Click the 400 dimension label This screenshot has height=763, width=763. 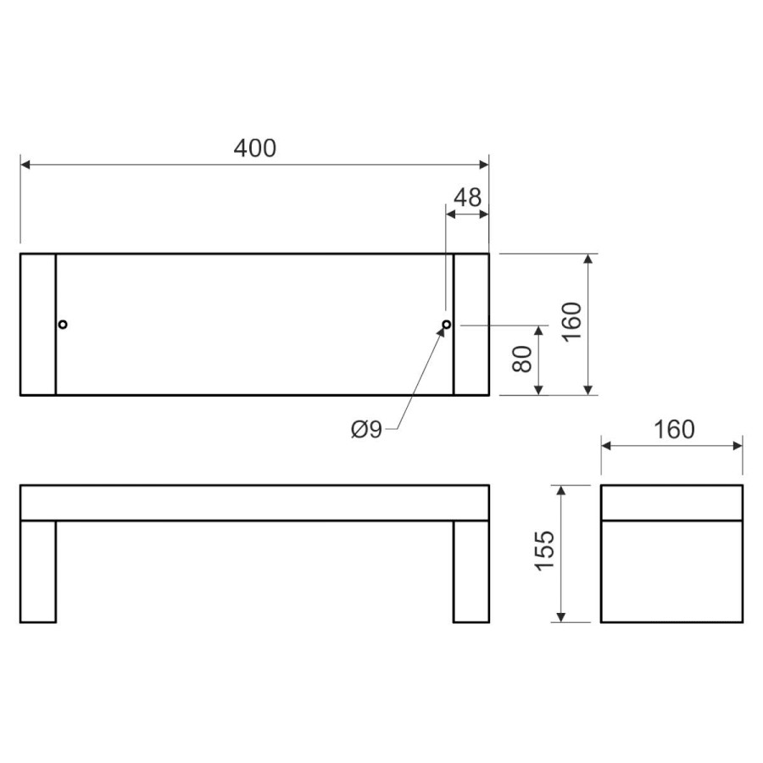pos(255,148)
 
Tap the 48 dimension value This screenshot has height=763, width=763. pos(468,198)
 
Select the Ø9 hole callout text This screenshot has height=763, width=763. pos(366,430)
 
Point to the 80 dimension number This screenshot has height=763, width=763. pos(522,359)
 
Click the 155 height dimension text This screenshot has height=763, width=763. pos(544,550)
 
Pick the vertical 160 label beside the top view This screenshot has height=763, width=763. pos(572,322)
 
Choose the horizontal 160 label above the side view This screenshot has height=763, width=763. pos(674,430)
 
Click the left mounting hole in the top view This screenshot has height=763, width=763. pos(62,324)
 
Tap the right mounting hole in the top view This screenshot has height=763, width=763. pos(446,324)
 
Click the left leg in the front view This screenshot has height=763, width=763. pos(38,571)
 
